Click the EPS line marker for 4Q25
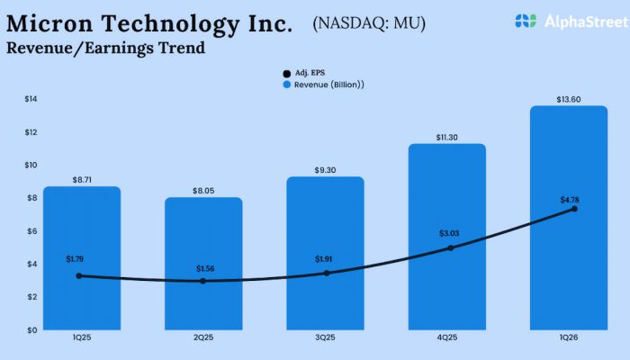[x=450, y=247]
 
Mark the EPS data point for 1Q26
[x=574, y=209]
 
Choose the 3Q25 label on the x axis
[x=326, y=340]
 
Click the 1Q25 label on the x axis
[x=82, y=340]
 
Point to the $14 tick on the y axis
[x=31, y=99]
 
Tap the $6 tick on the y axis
[x=31, y=231]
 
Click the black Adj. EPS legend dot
[x=287, y=72]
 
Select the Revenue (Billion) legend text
[x=334, y=84]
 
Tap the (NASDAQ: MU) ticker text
[x=369, y=22]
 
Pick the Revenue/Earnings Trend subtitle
[x=105, y=48]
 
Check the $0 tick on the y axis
[x=31, y=330]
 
